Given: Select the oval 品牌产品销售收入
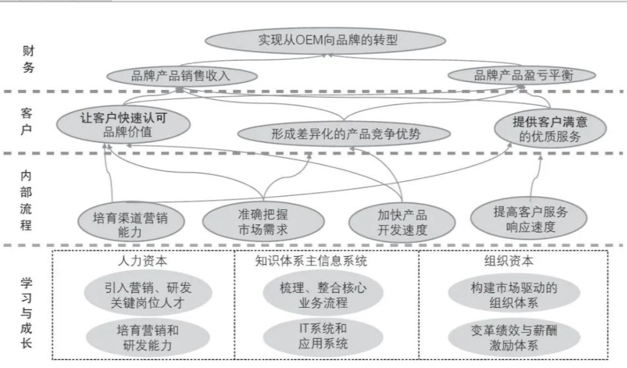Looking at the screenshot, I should (180, 76).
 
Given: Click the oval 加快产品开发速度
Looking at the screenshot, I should (402, 222).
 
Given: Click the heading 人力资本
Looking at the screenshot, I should (142, 261).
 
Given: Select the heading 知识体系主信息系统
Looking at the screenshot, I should (311, 261).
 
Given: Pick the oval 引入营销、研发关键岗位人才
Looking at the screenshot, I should (142, 296).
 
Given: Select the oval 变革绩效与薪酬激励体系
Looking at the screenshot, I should (511, 336).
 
